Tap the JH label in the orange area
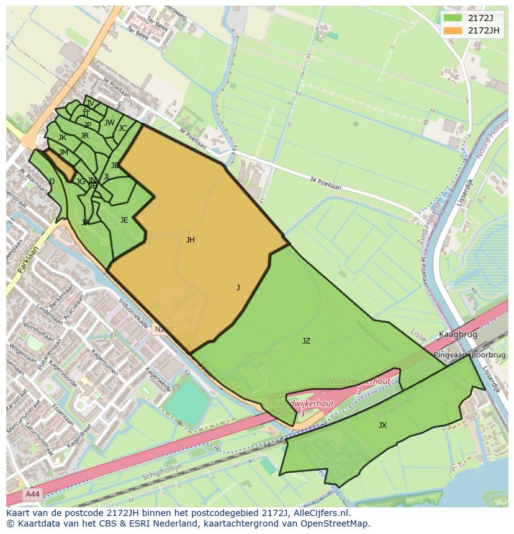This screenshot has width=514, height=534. tap(190, 240)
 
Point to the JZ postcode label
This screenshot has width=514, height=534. tap(306, 341)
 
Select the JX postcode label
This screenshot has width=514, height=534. tap(382, 425)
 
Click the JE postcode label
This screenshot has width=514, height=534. tap(124, 220)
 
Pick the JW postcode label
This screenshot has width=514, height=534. tap(109, 123)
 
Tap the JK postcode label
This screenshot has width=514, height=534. tap(62, 138)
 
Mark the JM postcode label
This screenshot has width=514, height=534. tap(63, 153)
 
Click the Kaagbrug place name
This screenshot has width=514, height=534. tap(458, 334)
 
